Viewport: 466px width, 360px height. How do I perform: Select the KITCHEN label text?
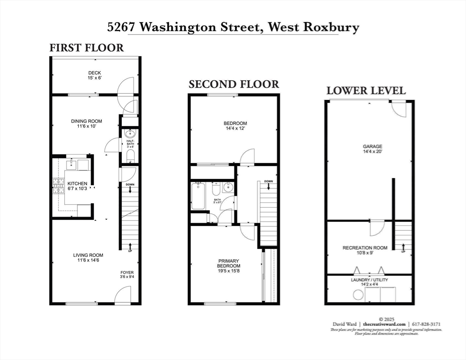(77, 183)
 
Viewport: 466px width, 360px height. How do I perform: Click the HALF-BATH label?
(131, 143)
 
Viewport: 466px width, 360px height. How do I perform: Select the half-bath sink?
(130, 133)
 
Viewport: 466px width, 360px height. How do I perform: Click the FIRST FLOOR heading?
(87, 47)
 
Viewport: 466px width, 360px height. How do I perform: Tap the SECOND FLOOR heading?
(233, 84)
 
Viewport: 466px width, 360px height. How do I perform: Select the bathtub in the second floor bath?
(198, 195)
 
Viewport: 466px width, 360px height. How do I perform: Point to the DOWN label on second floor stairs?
(268, 181)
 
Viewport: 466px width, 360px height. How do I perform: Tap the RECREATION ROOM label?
(365, 247)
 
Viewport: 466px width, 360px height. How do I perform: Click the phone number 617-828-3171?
(426, 324)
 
